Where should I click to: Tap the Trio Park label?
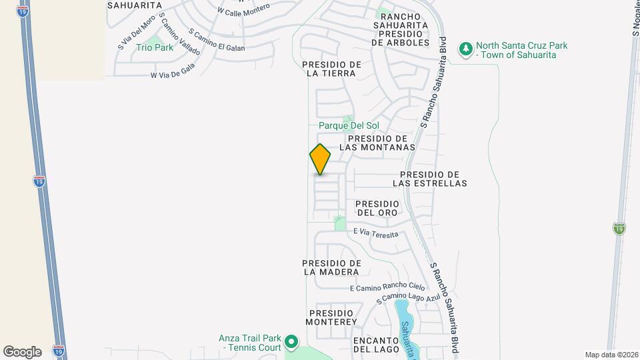pyautogui.click(x=155, y=47)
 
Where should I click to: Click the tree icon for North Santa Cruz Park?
pyautogui.click(x=465, y=49)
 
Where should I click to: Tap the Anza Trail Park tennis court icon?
pyautogui.click(x=291, y=343)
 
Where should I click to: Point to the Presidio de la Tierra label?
pyautogui.click(x=331, y=69)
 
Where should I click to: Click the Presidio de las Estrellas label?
pyautogui.click(x=429, y=178)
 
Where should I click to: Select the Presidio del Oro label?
pyautogui.click(x=377, y=208)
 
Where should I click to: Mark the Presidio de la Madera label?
pyautogui.click(x=331, y=267)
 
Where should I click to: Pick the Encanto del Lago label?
pyautogui.click(x=376, y=344)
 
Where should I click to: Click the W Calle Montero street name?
pyautogui.click(x=243, y=10)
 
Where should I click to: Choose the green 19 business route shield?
pyautogui.click(x=619, y=229)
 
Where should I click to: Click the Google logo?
pyautogui.click(x=22, y=351)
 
